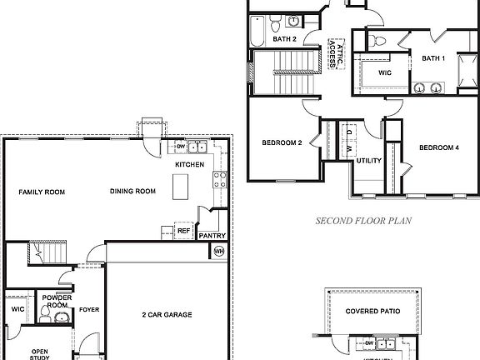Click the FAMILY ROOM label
coord(42,192)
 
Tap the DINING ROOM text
coord(133,192)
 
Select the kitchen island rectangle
coord(179,189)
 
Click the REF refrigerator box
coord(183,231)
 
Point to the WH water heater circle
coord(219,251)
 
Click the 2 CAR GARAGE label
coord(167,314)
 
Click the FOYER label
coord(89,310)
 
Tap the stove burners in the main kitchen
coord(220,177)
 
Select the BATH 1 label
coord(432,58)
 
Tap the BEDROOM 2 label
coord(282,142)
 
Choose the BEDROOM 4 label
coord(438,147)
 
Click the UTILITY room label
coord(369,161)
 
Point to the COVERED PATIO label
coord(373,310)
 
